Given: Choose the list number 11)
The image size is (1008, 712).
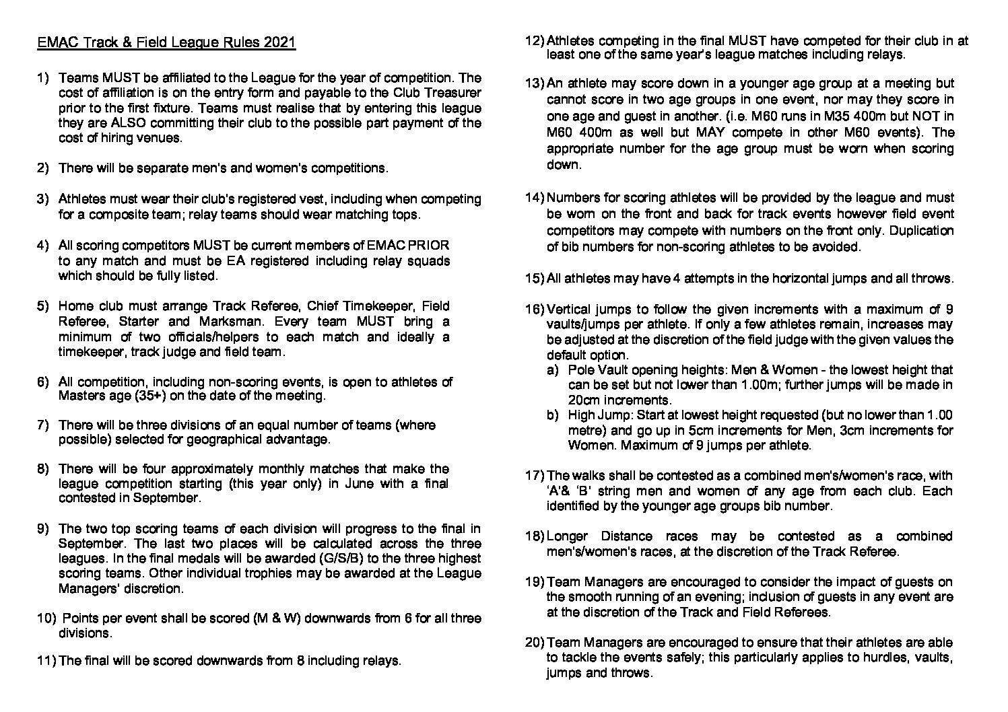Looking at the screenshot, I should click(x=46, y=661).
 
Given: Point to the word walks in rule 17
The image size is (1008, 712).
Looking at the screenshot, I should click(x=587, y=476).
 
